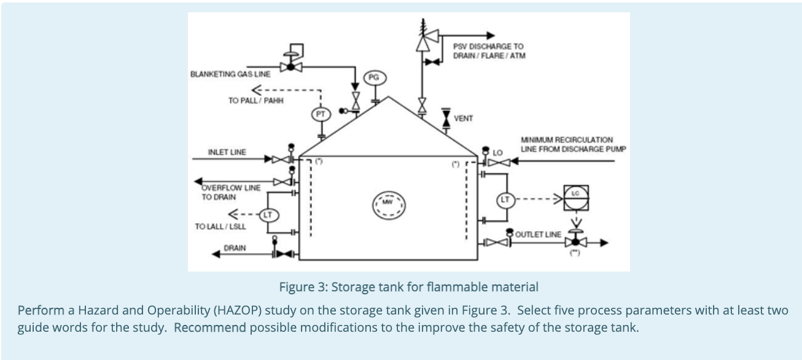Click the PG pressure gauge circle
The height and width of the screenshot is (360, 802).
[373, 77]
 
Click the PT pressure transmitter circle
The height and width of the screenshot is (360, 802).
[321, 113]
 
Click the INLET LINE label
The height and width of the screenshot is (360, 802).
[227, 151]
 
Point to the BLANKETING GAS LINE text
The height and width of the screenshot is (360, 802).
[230, 74]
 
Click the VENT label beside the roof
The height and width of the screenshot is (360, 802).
[464, 118]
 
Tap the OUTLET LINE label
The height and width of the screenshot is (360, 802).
[537, 235]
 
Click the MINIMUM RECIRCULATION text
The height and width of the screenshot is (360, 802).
[566, 140]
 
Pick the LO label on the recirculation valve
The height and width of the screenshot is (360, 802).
[498, 151]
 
